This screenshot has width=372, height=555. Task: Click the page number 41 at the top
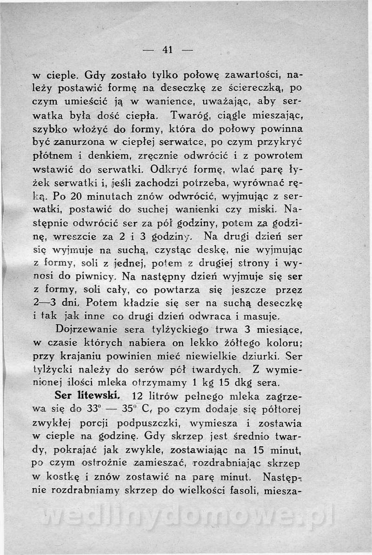tap(167, 50)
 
